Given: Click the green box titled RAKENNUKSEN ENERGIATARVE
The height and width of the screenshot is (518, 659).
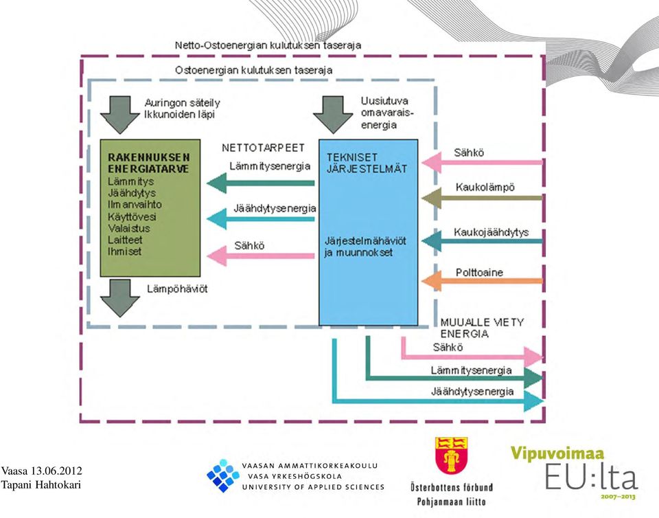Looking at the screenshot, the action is pos(150,208).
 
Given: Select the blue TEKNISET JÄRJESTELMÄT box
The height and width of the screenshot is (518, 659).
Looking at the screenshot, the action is pos(369,232).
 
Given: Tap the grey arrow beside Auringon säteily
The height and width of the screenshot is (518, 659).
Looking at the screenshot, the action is pos(119,115).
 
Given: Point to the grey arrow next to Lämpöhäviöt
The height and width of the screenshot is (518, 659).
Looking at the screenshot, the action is pos(119,298).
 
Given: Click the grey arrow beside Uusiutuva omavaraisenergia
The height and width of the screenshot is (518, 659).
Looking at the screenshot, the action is pos(333,115).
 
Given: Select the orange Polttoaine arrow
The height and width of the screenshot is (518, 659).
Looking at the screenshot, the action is pos(482,280).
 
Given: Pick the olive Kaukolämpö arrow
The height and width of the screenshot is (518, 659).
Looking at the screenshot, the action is pos(482,198).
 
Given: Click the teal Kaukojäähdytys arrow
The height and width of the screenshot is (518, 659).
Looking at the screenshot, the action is pos(482,241).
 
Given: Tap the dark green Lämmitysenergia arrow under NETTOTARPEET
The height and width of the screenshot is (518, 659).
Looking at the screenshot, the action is pos(261,183).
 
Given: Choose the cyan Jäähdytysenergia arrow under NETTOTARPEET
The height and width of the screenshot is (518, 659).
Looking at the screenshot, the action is pos(261,219).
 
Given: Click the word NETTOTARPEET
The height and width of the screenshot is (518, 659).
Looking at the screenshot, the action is pos(263,148).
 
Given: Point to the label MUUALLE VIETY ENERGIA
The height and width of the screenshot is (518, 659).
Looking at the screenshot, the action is pos(482,328).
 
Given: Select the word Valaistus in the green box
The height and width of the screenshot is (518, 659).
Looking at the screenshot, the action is pos(129,228).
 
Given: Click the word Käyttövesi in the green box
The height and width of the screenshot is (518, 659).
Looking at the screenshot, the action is pos(132,217).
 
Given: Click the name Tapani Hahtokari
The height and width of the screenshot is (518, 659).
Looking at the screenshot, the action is pos(41,485).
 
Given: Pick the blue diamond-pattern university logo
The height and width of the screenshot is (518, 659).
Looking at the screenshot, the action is pos(222,475).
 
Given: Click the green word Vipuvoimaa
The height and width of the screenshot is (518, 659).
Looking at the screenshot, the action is pos(557,453).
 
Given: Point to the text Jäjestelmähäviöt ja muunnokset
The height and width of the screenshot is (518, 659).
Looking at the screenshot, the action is pos(365,247).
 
